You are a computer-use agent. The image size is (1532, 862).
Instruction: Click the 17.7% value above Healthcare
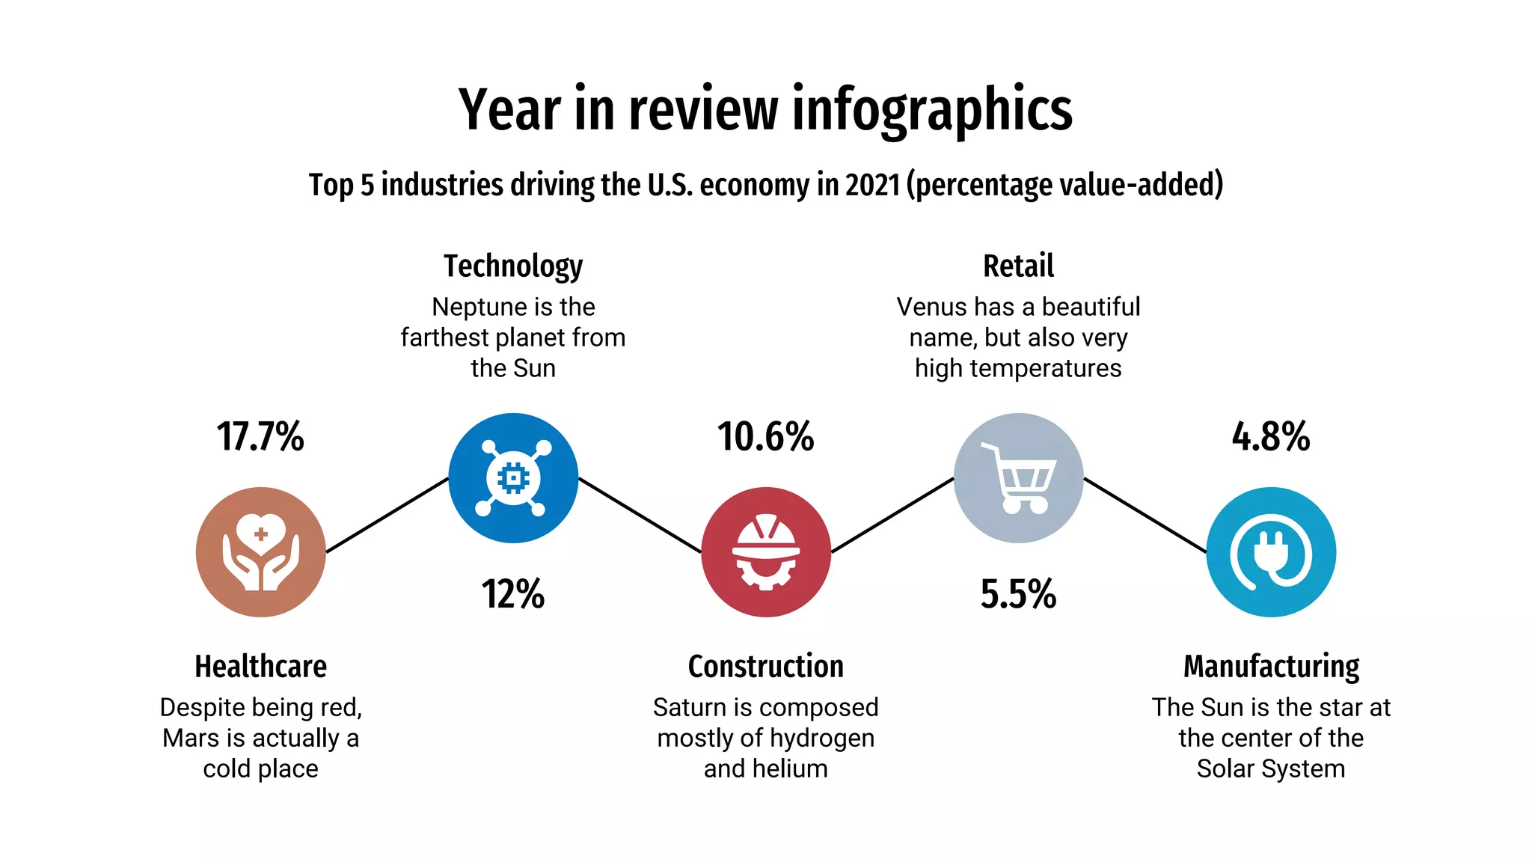pyautogui.click(x=260, y=437)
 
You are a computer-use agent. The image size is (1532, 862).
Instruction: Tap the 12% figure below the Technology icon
pyautogui.click(x=513, y=594)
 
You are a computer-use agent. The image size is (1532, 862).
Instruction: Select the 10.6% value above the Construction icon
pyautogui.click(x=765, y=437)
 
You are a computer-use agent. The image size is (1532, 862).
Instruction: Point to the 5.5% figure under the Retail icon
pyautogui.click(x=1018, y=594)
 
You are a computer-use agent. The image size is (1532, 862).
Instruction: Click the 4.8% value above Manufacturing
pyautogui.click(x=1271, y=437)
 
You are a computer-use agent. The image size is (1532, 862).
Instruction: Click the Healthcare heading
pyautogui.click(x=260, y=666)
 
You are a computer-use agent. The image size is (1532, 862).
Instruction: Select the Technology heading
pyautogui.click(x=513, y=266)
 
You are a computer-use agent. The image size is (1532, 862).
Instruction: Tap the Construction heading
pyautogui.click(x=765, y=666)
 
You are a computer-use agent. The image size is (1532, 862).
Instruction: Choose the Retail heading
pyautogui.click(x=1018, y=266)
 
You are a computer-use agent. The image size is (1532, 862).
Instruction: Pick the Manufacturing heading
pyautogui.click(x=1271, y=666)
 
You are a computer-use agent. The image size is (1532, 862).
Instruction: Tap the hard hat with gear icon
pyautogui.click(x=765, y=552)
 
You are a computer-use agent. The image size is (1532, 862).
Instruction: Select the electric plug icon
pyautogui.click(x=1271, y=552)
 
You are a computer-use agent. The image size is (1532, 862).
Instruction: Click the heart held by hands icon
pyautogui.click(x=260, y=552)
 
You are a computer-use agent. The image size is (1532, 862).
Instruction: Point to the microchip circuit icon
pyautogui.click(x=513, y=477)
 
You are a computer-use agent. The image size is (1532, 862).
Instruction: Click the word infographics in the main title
pyautogui.click(x=932, y=111)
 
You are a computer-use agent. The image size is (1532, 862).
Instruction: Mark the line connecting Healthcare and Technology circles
pyautogui.click(x=387, y=515)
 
